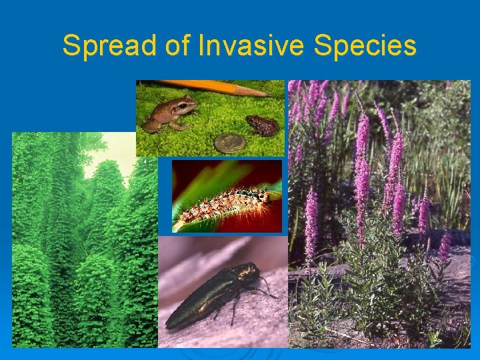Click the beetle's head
249,271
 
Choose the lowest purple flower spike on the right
444,247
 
